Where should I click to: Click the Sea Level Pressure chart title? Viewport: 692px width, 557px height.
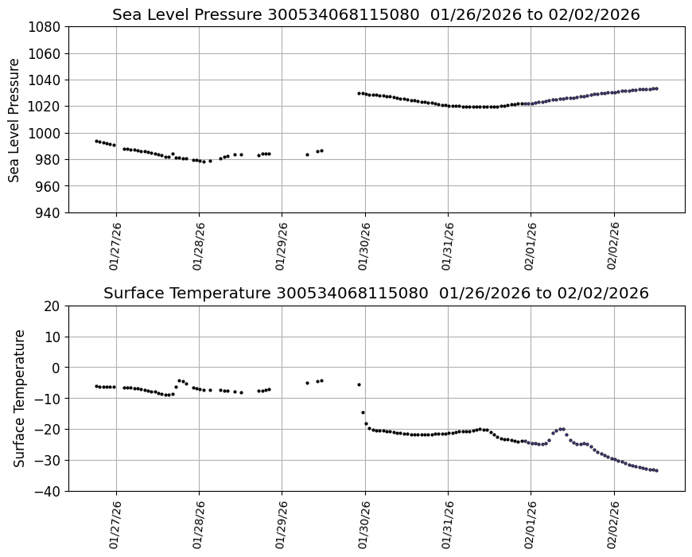(x=375, y=14)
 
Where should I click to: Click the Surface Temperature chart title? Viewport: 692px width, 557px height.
(x=375, y=293)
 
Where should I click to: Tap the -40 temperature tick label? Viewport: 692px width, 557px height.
(x=47, y=491)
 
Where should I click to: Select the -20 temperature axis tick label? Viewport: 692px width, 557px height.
(x=47, y=430)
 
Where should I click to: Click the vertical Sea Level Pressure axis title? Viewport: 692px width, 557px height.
(x=15, y=119)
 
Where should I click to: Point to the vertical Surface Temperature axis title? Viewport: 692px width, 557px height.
(x=19, y=398)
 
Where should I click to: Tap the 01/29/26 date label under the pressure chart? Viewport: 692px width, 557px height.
(x=282, y=246)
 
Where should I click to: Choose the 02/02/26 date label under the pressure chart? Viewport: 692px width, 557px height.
(x=613, y=246)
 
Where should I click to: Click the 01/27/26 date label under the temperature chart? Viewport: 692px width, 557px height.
(x=116, y=524)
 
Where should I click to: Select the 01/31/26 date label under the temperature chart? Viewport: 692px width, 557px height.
(x=448, y=524)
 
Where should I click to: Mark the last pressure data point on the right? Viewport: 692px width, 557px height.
(x=656, y=88)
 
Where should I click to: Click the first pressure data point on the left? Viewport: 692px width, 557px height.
(x=96, y=141)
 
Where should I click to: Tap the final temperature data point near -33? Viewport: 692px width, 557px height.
(x=656, y=470)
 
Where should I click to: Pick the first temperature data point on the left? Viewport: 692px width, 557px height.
(x=96, y=386)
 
